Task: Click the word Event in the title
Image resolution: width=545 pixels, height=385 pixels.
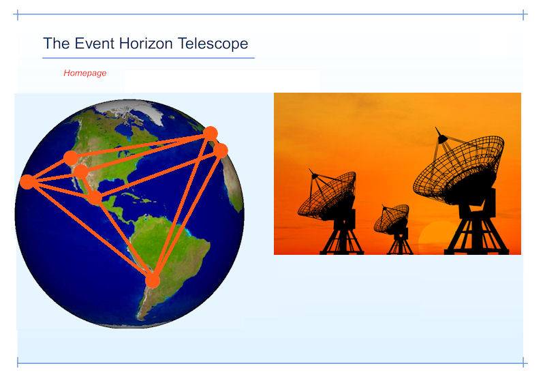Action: pyautogui.click(x=94, y=44)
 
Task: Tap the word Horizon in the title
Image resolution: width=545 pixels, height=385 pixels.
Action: pyautogui.click(x=146, y=44)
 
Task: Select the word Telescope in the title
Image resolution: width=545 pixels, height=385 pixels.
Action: pyautogui.click(x=213, y=44)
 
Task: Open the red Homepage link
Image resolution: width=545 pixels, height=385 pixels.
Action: pyautogui.click(x=84, y=73)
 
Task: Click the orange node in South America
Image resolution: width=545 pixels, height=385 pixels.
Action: pyautogui.click(x=152, y=281)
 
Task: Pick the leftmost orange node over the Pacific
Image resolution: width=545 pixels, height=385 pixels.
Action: pyautogui.click(x=27, y=182)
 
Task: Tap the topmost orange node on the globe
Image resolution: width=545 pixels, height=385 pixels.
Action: pyautogui.click(x=211, y=134)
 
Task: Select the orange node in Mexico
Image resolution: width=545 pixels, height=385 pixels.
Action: pyautogui.click(x=95, y=198)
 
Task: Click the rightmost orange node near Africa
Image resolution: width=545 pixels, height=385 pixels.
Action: pyautogui.click(x=221, y=151)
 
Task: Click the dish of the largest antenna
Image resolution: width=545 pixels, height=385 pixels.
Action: pyautogui.click(x=458, y=167)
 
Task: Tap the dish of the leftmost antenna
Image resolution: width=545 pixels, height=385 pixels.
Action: pyautogui.click(x=327, y=195)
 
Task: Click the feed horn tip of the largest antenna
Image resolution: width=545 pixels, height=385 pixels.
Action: pyautogui.click(x=437, y=129)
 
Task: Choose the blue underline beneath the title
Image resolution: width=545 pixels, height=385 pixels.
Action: pyautogui.click(x=149, y=58)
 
